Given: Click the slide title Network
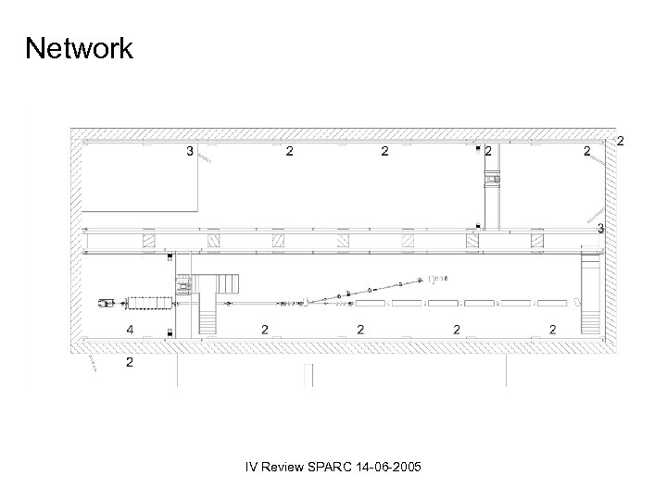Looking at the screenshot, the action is (80, 47).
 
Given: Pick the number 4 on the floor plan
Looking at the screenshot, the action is (129, 329).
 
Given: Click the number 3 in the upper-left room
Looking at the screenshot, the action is (190, 151).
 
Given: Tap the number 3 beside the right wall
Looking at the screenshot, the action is (601, 227).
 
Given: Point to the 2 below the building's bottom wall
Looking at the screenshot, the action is (129, 362).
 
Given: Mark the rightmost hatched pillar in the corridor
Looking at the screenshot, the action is (537, 242).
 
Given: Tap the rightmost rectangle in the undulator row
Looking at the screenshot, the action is (550, 303).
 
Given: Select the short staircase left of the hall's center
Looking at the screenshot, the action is (208, 320).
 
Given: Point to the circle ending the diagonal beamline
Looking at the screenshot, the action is (419, 277).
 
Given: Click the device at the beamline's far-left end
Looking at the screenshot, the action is (107, 302).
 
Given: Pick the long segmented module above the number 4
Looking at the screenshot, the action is (149, 302).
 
